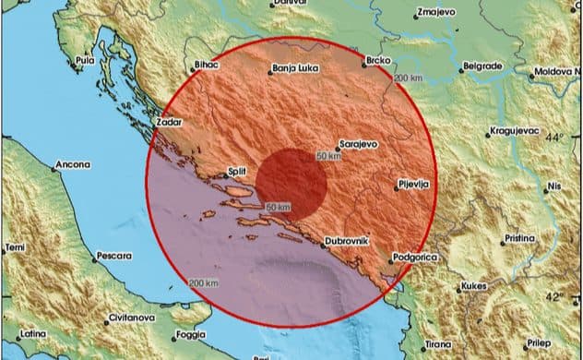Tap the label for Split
point(240,172)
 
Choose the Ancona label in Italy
point(73,165)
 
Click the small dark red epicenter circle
point(291,181)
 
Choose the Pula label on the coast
point(86,60)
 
